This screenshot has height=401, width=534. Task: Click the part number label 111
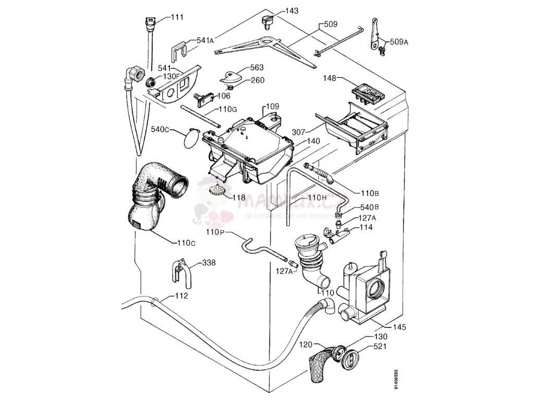177,17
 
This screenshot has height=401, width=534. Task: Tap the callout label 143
292,11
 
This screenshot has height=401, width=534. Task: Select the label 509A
398,42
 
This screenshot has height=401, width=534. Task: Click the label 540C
160,129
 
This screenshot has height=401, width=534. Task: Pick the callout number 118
238,197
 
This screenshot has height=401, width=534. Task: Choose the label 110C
186,243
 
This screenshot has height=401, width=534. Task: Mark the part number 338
209,263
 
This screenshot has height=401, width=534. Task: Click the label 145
399,327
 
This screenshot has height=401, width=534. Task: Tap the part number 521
380,347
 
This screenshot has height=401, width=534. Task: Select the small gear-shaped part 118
215,190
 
